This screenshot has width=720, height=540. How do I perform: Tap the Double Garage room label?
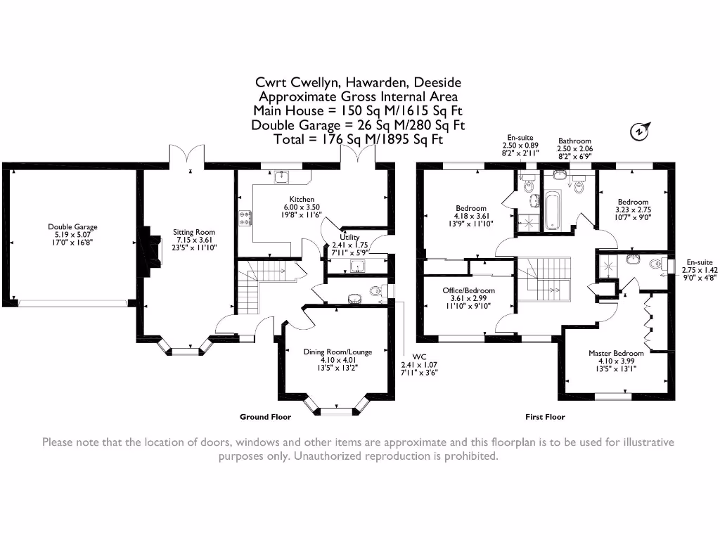(72, 227)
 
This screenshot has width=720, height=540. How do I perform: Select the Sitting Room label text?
(194, 232)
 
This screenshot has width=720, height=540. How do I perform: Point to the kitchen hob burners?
(245, 218)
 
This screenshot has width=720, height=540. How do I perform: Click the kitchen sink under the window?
(281, 176)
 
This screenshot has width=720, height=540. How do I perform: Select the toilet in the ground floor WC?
(376, 290)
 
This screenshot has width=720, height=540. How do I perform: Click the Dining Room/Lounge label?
(337, 352)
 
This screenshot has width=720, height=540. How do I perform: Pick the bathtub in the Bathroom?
(552, 210)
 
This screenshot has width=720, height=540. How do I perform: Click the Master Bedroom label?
(616, 353)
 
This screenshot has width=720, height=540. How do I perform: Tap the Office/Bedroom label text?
(468, 290)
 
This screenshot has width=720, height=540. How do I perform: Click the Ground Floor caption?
(265, 417)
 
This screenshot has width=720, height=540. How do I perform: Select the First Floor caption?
(545, 417)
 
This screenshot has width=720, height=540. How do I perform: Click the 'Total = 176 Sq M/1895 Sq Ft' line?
(358, 139)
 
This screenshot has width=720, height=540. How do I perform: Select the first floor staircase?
(544, 279)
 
